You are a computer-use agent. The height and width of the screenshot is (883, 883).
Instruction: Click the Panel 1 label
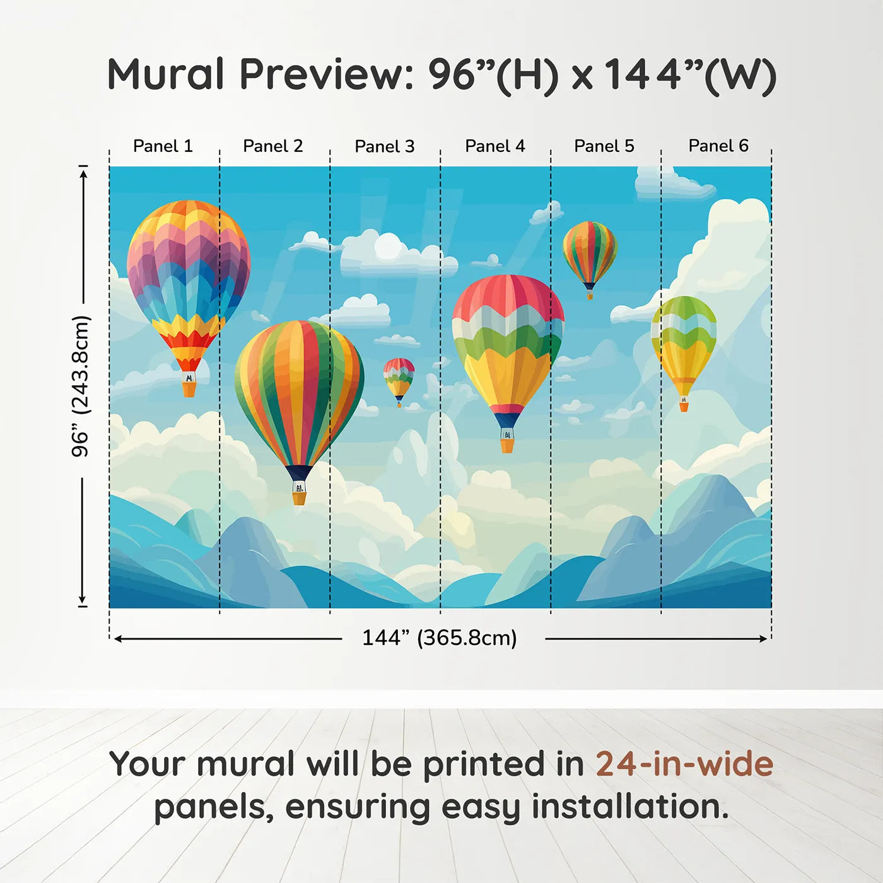coord(163,146)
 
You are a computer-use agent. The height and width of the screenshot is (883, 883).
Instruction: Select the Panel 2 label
coord(272,146)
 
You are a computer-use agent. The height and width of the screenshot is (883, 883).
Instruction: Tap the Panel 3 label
coord(385,146)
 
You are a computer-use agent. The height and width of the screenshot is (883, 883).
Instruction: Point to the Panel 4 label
coord(495,146)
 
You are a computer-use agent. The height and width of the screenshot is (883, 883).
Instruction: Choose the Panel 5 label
coord(604,146)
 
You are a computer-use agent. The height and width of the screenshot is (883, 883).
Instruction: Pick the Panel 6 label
coord(718,146)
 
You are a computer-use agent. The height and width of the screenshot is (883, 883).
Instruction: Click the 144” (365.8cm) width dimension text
coord(440,638)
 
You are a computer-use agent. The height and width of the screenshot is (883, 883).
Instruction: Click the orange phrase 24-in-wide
coord(684,764)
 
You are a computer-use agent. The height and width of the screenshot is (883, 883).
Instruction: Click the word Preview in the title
coord(327,74)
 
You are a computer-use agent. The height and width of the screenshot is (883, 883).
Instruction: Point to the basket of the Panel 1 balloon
coord(189,389)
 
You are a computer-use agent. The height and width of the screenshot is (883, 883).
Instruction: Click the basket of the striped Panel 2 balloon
coord(299,498)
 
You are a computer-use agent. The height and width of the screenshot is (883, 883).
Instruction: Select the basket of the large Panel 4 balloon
coord(507,445)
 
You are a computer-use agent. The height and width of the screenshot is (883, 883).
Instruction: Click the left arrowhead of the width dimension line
coord(117,639)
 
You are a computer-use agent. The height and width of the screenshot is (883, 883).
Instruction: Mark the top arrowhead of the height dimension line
coord(83,174)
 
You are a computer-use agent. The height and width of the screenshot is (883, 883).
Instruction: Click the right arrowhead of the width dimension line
coord(763,639)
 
